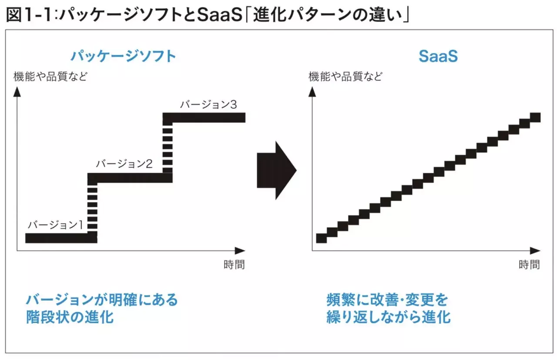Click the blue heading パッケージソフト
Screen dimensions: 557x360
click(x=123, y=56)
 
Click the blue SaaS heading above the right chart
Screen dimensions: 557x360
click(x=438, y=56)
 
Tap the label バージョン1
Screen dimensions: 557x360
click(x=55, y=225)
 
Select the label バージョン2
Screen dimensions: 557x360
click(x=124, y=164)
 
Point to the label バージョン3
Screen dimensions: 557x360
click(x=208, y=104)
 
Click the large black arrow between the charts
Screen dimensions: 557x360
click(x=276, y=170)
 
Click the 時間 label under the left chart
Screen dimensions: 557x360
click(x=234, y=265)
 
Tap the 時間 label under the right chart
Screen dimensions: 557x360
click(x=529, y=265)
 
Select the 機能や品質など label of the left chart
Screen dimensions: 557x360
click(x=50, y=76)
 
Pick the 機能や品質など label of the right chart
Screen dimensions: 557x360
click(x=346, y=76)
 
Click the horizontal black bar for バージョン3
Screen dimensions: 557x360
click(x=204, y=118)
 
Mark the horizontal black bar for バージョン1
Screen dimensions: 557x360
click(x=61, y=238)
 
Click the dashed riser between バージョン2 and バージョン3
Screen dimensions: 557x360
click(x=168, y=150)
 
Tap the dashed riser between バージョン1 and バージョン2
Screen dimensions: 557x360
click(x=92, y=209)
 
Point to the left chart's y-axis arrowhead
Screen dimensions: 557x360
click(x=17, y=92)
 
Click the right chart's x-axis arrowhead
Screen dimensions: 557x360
click(x=535, y=251)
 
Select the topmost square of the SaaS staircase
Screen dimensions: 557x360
click(x=535, y=118)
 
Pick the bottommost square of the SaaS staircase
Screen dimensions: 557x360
click(x=321, y=238)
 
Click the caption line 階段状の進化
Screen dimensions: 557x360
click(x=70, y=317)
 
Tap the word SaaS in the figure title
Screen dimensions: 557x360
click(x=219, y=15)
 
